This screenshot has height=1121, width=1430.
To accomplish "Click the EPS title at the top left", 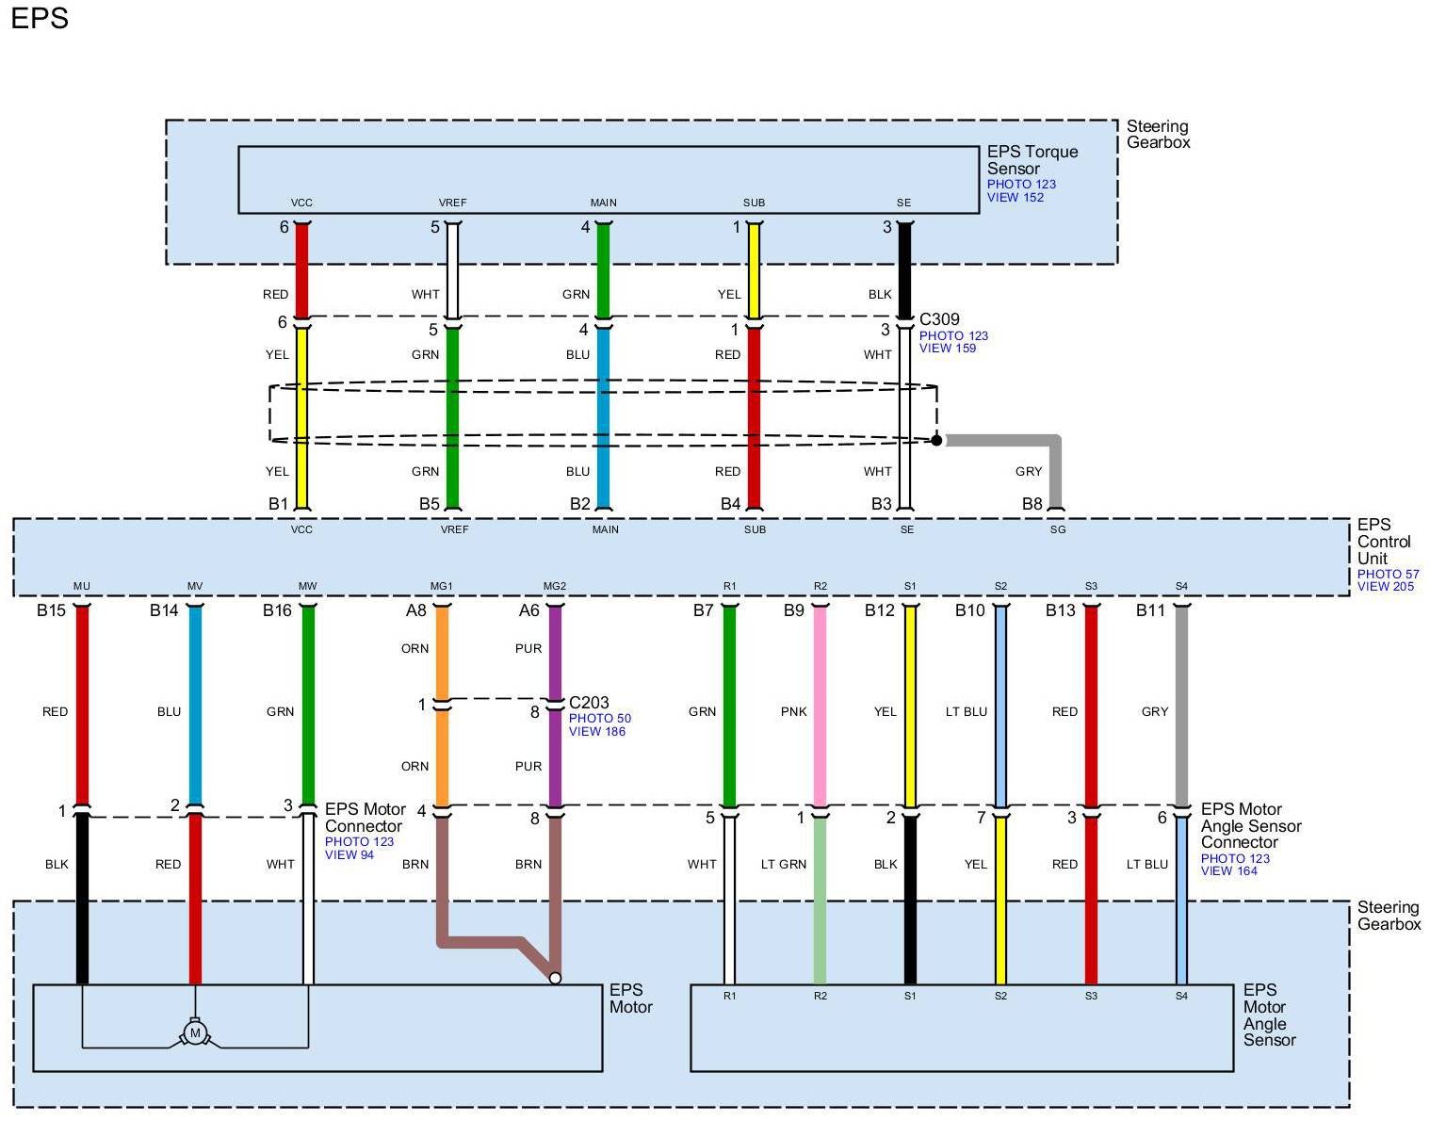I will (x=40, y=18).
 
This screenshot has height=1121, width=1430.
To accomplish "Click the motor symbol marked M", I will (x=195, y=1033).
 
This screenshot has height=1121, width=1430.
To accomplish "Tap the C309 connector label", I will (x=939, y=319).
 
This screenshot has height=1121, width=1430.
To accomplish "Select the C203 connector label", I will (x=589, y=703).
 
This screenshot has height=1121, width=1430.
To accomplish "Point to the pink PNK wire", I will (x=820, y=707).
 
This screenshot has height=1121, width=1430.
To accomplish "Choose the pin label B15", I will (x=51, y=610).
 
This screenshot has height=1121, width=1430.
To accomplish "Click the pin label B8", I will (x=1032, y=504).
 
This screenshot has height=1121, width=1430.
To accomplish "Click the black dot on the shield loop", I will (x=936, y=440).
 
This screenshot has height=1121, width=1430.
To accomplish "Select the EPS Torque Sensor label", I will (x=1032, y=160).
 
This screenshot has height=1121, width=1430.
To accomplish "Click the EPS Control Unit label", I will (x=1383, y=542).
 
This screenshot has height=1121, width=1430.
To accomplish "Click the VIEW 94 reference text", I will (x=349, y=854).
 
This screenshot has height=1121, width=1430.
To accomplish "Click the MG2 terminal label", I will (x=555, y=586).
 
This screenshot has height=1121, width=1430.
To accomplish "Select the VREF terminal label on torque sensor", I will (x=452, y=203).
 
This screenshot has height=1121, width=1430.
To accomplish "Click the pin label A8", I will (x=415, y=610).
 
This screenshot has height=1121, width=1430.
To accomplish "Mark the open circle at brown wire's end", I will (x=555, y=978).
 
